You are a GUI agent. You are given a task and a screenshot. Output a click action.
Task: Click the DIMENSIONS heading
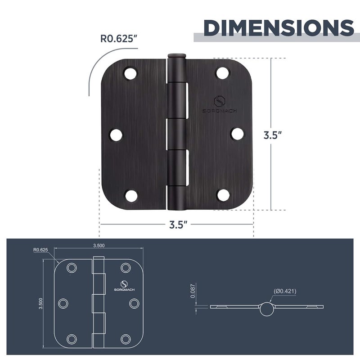[x=279, y=28]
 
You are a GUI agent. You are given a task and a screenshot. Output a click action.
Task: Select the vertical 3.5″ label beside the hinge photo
[x=273, y=135]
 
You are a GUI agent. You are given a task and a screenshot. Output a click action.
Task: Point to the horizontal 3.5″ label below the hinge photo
[x=178, y=225]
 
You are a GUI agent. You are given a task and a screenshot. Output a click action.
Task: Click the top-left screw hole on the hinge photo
[x=130, y=73]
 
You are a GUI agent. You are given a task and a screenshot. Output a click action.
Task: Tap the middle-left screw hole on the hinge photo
[x=116, y=135]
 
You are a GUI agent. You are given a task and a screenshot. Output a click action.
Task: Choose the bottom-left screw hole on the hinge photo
[x=131, y=196]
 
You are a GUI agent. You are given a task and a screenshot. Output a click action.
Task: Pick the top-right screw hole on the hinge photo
[x=222, y=72]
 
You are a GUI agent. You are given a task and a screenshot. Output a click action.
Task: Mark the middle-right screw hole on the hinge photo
[x=238, y=134]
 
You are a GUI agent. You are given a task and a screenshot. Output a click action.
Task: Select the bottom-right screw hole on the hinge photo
[x=223, y=195]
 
